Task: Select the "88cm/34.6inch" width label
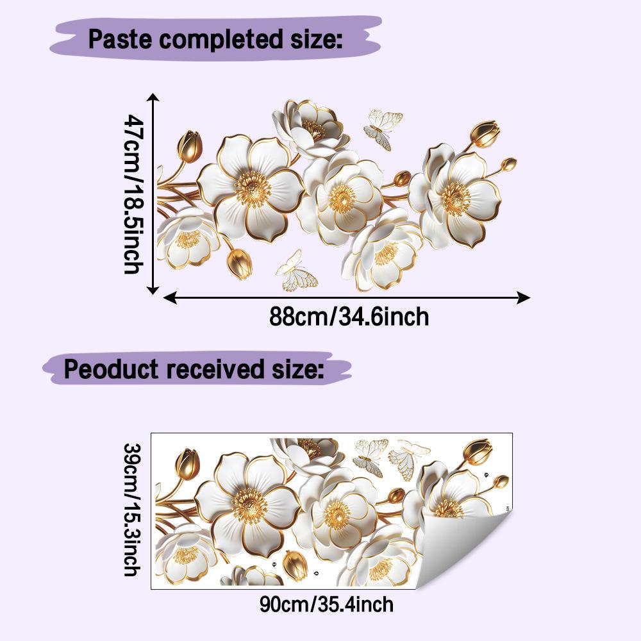pos(349,317)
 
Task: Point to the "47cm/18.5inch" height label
pos(134,194)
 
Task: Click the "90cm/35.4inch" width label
pos(326,604)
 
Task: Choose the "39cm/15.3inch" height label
pos(133,510)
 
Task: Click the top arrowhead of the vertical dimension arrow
pos(153,97)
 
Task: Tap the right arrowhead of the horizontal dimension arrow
pos(524,297)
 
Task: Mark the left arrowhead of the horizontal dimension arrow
pos(170,297)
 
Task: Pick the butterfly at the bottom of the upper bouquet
pos(296,272)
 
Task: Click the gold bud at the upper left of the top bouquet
pos(190,146)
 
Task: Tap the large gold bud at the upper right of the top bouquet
pos(485,134)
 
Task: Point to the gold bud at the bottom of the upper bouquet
pos(240,263)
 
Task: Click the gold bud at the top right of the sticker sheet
pos(478,451)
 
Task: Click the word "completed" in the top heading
pos(221,40)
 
